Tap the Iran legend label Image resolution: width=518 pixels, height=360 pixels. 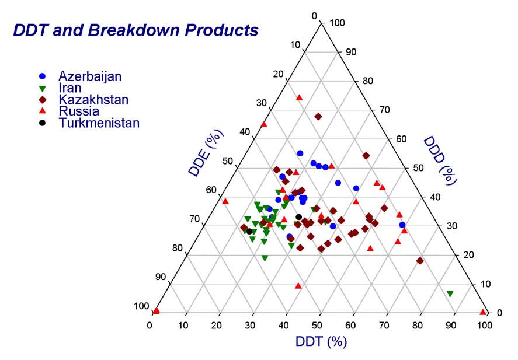(x=69, y=88)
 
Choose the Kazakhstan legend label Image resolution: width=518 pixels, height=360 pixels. (x=93, y=100)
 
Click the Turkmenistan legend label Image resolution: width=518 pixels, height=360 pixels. (x=99, y=123)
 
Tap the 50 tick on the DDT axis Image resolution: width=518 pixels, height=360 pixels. (x=319, y=324)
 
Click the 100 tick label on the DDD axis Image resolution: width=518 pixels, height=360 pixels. (x=338, y=23)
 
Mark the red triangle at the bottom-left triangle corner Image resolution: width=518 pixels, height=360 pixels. (x=156, y=311)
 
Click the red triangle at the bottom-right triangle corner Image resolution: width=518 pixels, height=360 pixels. (x=483, y=312)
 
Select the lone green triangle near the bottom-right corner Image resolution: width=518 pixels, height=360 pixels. (x=450, y=293)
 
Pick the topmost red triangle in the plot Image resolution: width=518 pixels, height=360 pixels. (x=300, y=97)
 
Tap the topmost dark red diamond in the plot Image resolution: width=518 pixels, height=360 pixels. (x=318, y=117)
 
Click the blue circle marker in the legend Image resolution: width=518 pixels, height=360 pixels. (x=41, y=76)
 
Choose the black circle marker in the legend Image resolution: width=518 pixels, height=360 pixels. (x=41, y=123)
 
